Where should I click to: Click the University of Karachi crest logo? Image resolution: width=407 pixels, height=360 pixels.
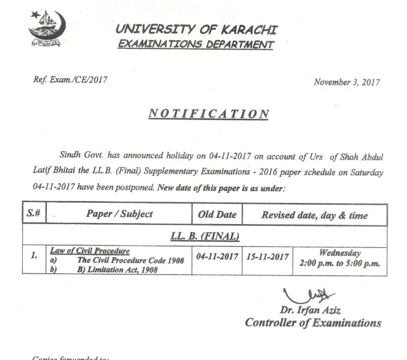46,28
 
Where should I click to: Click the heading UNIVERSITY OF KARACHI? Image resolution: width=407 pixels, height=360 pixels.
196,30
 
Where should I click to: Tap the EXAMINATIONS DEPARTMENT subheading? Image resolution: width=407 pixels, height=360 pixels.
195,45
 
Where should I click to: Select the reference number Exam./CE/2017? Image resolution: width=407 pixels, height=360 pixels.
70,80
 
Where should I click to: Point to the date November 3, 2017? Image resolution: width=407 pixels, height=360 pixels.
347,82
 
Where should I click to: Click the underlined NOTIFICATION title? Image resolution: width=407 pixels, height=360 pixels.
209,114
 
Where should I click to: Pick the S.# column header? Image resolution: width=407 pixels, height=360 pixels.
33,215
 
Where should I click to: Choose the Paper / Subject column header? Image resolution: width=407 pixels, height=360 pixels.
119,214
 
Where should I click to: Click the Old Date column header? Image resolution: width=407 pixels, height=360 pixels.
217,215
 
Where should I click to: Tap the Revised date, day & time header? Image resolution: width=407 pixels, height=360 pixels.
314,216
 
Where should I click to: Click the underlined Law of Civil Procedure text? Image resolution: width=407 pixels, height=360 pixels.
90,251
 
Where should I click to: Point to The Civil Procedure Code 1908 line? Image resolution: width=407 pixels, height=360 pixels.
131,260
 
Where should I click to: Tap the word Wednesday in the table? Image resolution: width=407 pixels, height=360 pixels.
340,253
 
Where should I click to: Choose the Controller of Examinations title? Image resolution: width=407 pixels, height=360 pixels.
313,322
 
